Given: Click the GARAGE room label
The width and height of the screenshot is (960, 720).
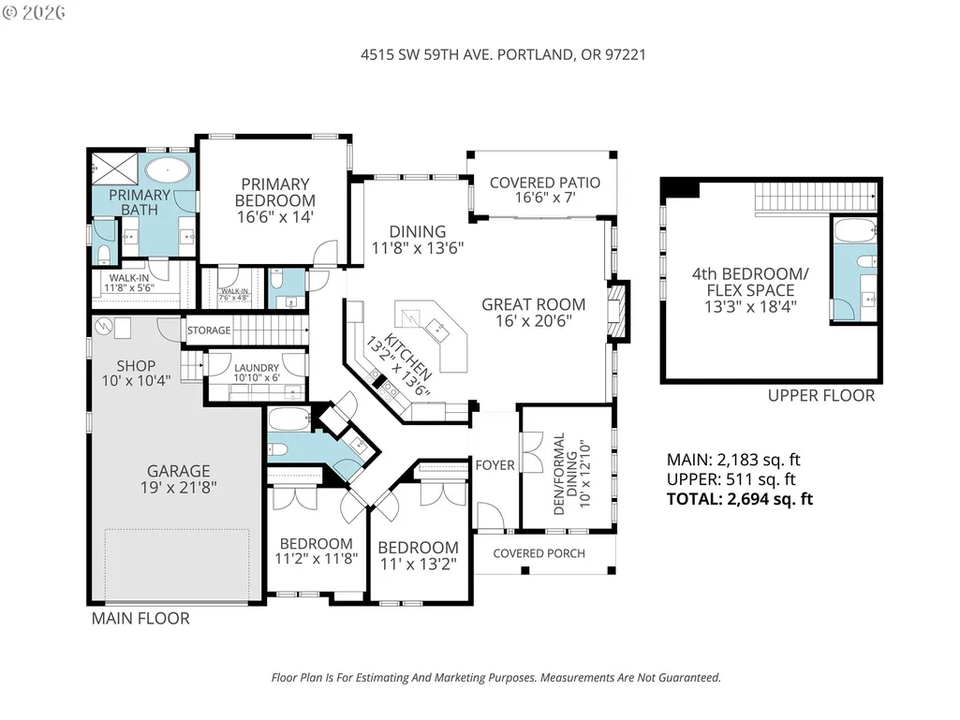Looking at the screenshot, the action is tap(178, 471).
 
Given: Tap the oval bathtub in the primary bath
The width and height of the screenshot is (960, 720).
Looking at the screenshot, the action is tap(168, 169).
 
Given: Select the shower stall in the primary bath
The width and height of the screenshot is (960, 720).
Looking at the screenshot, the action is tap(114, 169).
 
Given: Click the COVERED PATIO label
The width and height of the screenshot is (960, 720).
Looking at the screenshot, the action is tap(545, 183).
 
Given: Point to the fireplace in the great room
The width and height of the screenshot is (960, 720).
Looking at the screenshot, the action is tap(618, 311).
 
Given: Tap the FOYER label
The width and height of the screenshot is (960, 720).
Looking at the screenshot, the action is tap(495, 465).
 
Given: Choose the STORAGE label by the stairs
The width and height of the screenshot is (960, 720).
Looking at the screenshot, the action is tap(209, 331).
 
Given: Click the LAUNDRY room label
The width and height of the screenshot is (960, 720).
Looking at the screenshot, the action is tap(257, 367).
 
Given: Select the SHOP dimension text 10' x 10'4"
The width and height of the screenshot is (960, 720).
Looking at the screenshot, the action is tap(136, 381).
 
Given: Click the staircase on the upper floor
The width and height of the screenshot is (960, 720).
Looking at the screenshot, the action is tap(815, 197).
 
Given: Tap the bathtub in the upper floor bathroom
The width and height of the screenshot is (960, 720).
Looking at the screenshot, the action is tap(855, 231).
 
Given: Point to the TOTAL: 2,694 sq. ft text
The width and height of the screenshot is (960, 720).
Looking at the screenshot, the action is tap(740, 499).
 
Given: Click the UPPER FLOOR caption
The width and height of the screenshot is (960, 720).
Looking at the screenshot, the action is tap(821, 395).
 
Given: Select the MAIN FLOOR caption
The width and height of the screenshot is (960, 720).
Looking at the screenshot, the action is tap(140, 618).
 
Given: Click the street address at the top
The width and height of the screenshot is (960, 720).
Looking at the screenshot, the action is tap(503, 54).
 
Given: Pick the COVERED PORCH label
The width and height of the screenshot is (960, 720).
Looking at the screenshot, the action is tap(539, 553).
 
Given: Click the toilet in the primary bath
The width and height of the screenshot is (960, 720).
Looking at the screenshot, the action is tap(103, 254).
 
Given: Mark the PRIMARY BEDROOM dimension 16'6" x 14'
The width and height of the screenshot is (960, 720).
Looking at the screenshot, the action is tap(275, 216).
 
